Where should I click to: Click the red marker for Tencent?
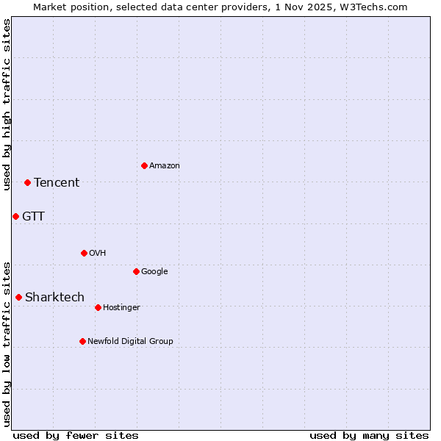(27, 182)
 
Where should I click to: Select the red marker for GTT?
(15, 216)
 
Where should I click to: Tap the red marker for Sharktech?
(18, 297)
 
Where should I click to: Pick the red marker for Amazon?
(144, 165)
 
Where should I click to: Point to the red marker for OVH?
(84, 253)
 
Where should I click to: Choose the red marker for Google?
(136, 271)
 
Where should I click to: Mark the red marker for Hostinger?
(98, 307)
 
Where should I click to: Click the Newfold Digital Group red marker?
(82, 341)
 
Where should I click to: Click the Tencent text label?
(57, 183)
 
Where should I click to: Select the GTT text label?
(33, 217)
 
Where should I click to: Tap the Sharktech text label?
(54, 298)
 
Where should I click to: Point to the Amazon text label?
(165, 166)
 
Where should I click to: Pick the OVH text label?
(98, 254)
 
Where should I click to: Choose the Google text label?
(154, 272)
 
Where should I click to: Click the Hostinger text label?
(121, 308)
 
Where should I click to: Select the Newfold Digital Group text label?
(130, 342)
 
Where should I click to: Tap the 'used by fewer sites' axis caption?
(76, 435)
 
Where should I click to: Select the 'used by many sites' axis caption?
(369, 435)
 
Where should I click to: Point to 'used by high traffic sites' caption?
(7, 104)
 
